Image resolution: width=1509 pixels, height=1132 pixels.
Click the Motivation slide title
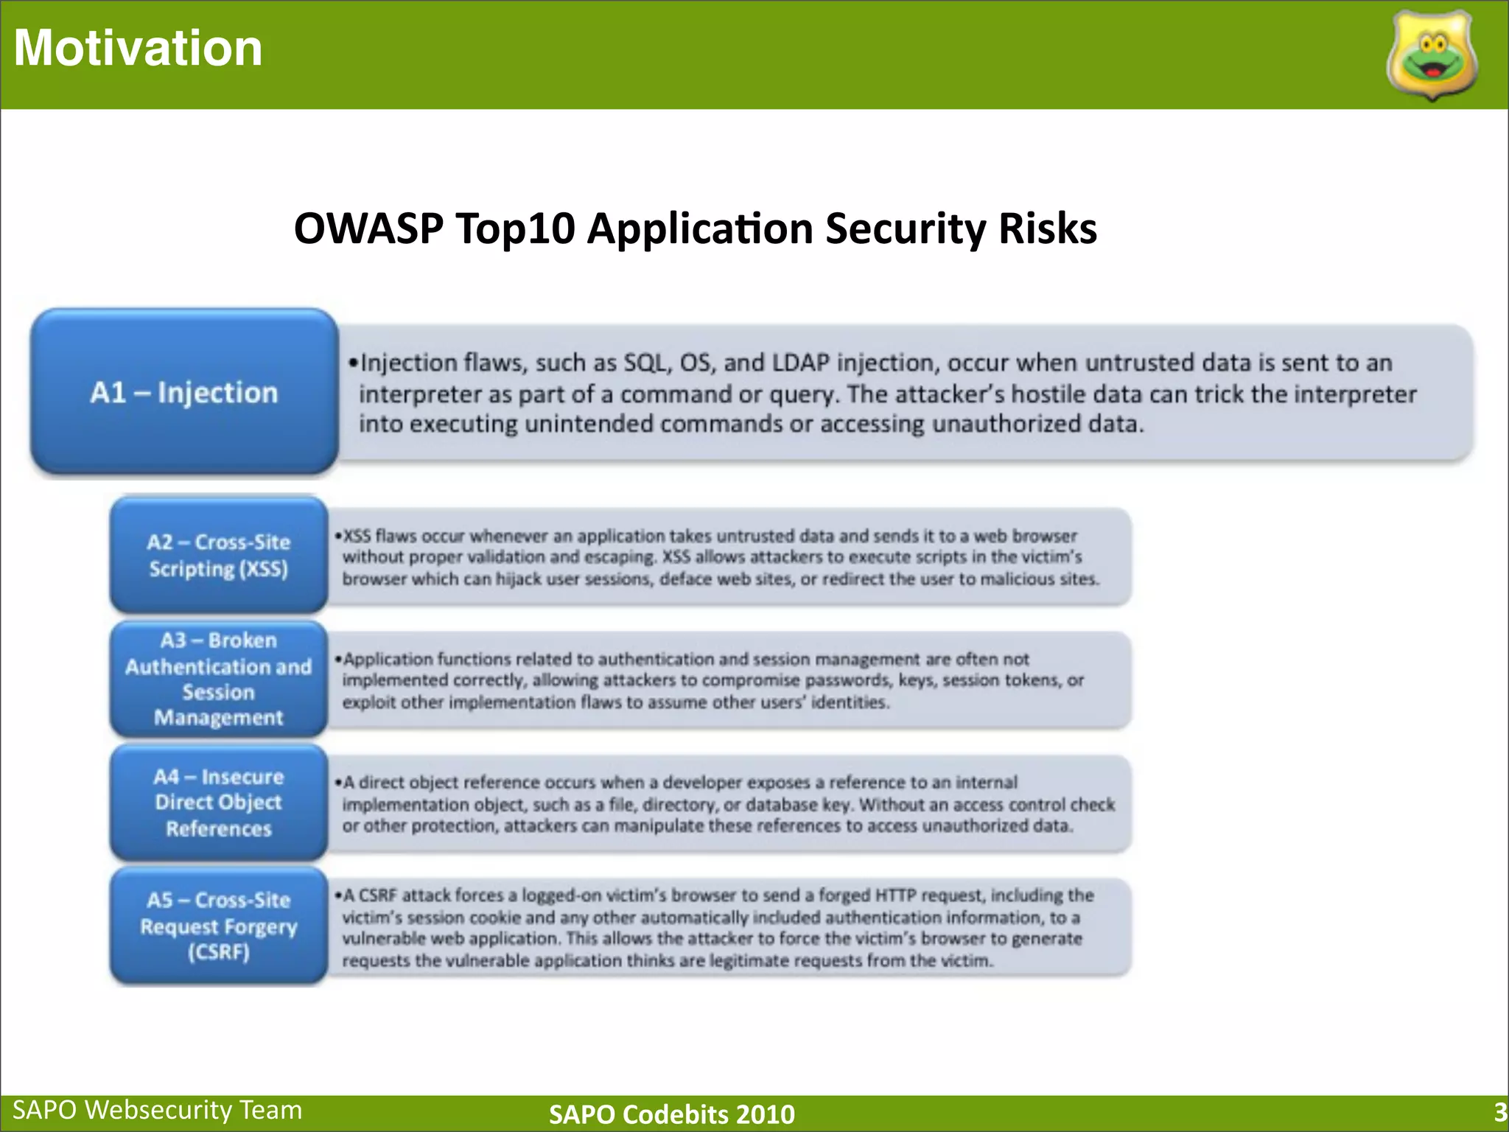pyautogui.click(x=138, y=48)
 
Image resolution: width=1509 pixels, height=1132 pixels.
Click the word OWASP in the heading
pyautogui.click(x=368, y=228)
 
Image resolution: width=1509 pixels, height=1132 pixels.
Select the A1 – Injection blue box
pyautogui.click(x=184, y=392)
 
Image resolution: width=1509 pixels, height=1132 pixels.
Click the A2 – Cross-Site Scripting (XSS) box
pyautogui.click(x=219, y=555)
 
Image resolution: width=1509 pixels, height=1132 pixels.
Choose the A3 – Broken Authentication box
pyautogui.click(x=219, y=679)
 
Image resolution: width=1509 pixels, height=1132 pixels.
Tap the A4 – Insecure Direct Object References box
pyautogui.click(x=219, y=803)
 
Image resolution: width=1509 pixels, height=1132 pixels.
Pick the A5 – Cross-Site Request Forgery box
pyautogui.click(x=219, y=926)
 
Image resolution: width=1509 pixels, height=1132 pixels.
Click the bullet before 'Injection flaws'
pyautogui.click(x=353, y=363)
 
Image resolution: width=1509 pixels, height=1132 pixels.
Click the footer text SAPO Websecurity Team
pyautogui.click(x=158, y=1110)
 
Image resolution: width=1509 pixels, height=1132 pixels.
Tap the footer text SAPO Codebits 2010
pyautogui.click(x=671, y=1114)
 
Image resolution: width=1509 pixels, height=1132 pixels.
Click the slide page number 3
pyautogui.click(x=1499, y=1111)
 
